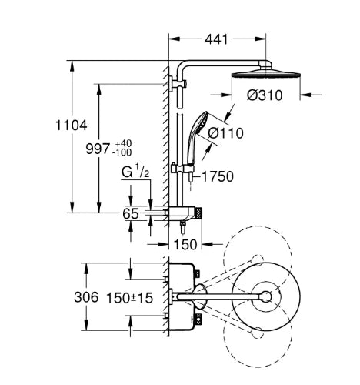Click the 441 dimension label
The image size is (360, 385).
(216, 39)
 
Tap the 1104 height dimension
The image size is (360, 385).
(72, 126)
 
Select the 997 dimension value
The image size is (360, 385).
(98, 149)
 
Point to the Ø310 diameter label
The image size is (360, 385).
(265, 95)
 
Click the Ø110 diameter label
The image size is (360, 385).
(225, 133)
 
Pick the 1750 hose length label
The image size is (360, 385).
(218, 176)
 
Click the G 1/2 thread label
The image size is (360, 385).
(135, 172)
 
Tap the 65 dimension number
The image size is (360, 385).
(131, 213)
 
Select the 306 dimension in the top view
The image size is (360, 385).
(86, 297)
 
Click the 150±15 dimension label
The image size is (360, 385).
(129, 298)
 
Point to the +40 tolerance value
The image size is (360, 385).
(123, 143)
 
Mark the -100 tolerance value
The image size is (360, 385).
(122, 152)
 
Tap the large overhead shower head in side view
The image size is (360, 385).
(266, 74)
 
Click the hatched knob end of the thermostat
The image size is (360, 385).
(199, 213)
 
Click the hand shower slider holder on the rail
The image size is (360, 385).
(182, 169)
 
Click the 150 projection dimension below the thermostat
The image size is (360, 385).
(185, 244)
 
